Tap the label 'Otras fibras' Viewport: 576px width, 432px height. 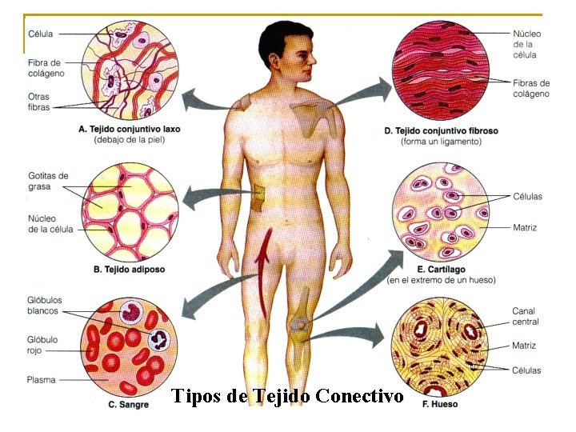pos(38,102)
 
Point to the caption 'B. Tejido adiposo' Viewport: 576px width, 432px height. pos(129,270)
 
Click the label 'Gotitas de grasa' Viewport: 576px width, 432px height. pos(47,181)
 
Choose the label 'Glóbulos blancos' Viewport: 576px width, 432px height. pos(44,306)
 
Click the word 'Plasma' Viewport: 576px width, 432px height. pos(41,379)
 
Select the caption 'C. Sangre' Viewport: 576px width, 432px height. pos(128,405)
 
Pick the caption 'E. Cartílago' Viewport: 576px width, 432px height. pos(440,270)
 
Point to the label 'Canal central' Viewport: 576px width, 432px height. pos(526,316)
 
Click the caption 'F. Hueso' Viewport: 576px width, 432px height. pos(440,404)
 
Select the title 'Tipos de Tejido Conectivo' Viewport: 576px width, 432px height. pos(287,396)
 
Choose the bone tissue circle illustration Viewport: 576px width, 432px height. pos(442,350)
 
